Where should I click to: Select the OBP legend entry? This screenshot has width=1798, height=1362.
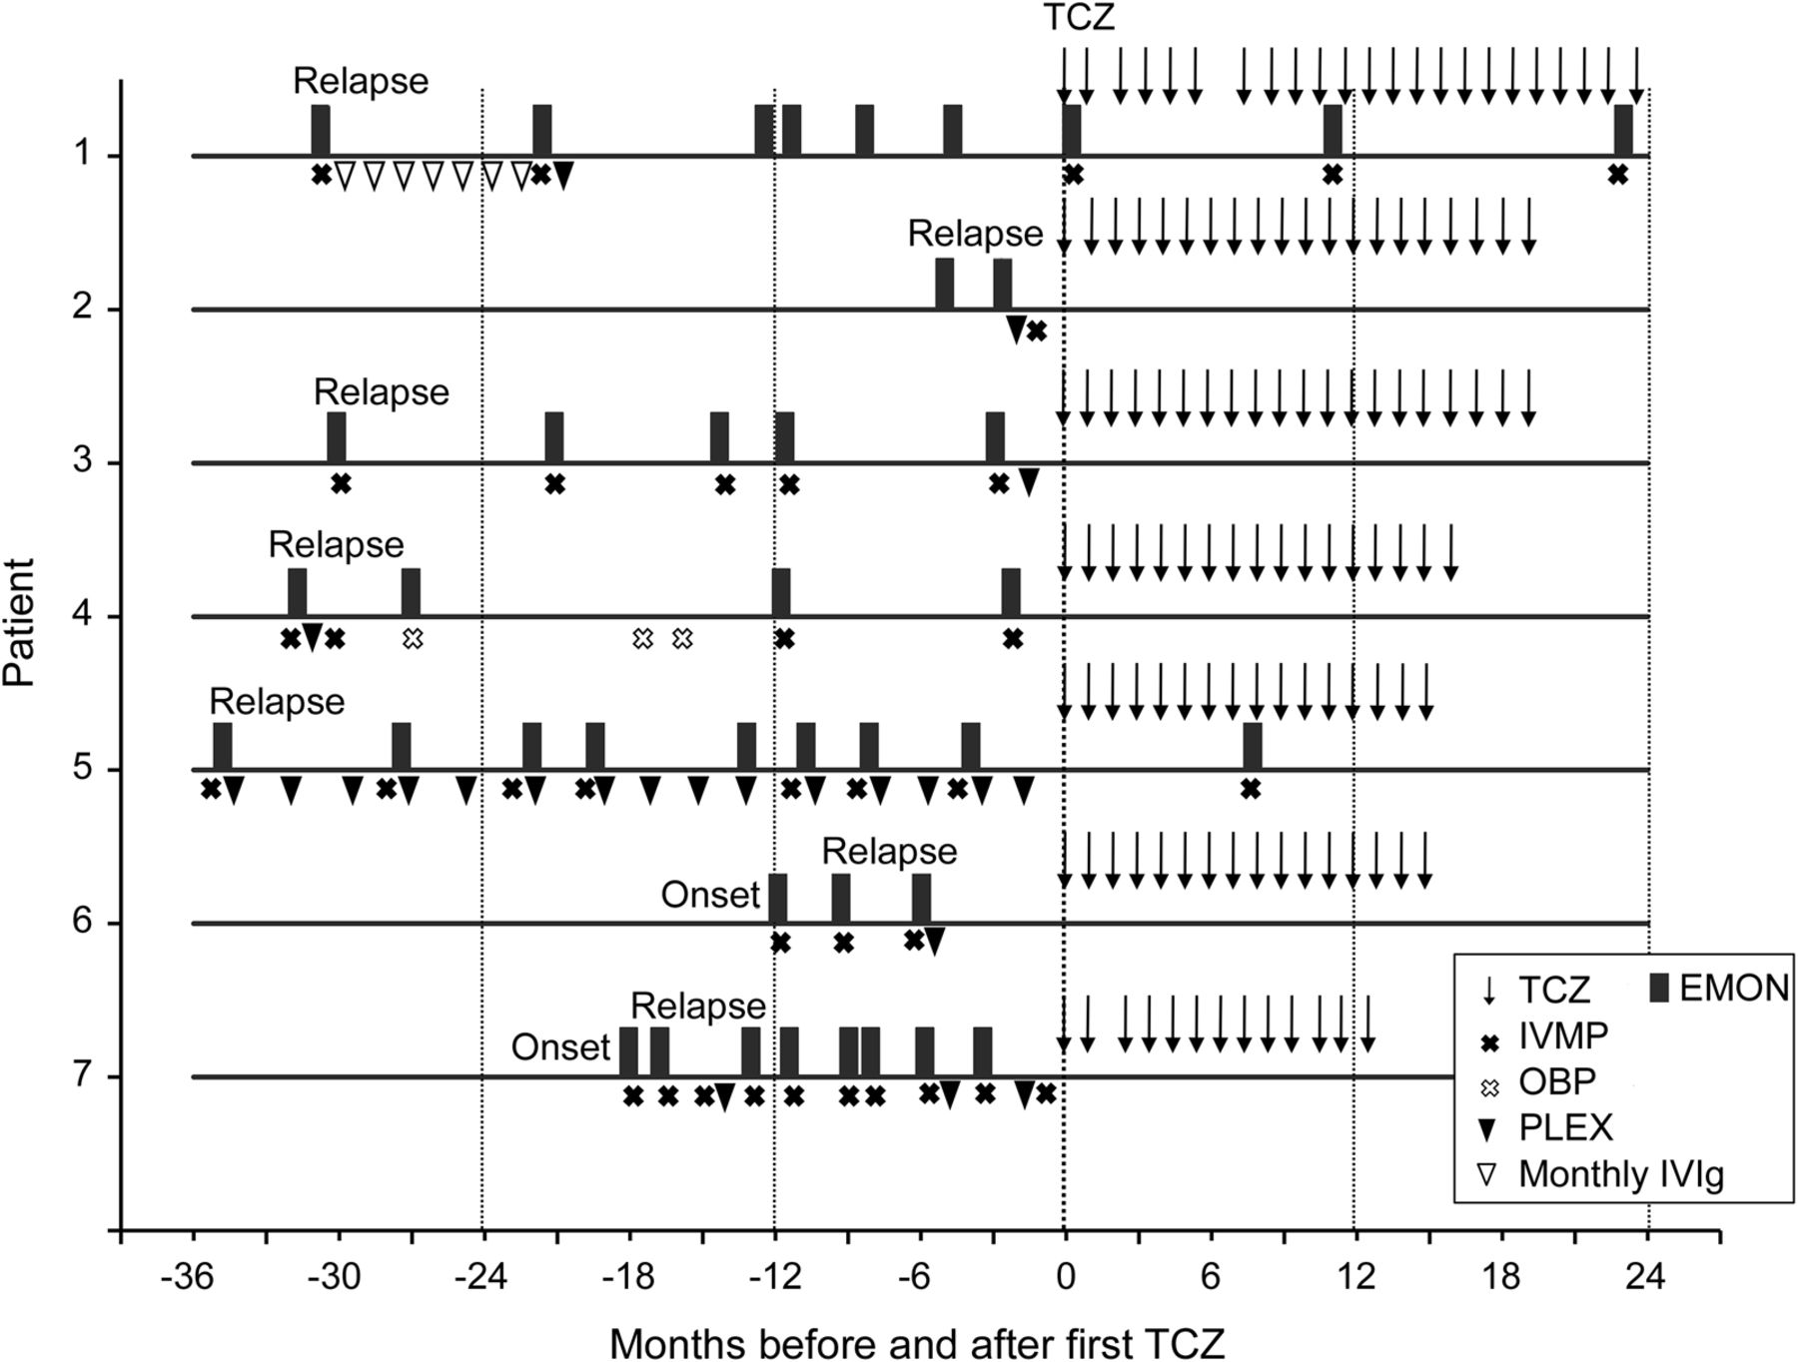(x=1555, y=1081)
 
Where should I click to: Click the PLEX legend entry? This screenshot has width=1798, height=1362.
(x=1564, y=1128)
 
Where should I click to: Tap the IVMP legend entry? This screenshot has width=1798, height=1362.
(x=1562, y=1036)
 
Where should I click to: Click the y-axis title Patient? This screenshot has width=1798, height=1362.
(x=20, y=621)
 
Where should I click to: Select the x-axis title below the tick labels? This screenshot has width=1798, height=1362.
(x=916, y=1342)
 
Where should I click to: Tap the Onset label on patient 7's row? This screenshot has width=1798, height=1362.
(x=560, y=1047)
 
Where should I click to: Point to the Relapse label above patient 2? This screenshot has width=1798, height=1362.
(x=975, y=234)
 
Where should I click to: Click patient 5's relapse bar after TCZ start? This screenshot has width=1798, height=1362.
(x=1252, y=745)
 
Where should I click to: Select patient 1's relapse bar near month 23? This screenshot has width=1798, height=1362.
(x=1623, y=130)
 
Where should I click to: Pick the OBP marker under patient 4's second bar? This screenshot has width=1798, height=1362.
(x=413, y=638)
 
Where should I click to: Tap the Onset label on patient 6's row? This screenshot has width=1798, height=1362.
(x=710, y=895)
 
